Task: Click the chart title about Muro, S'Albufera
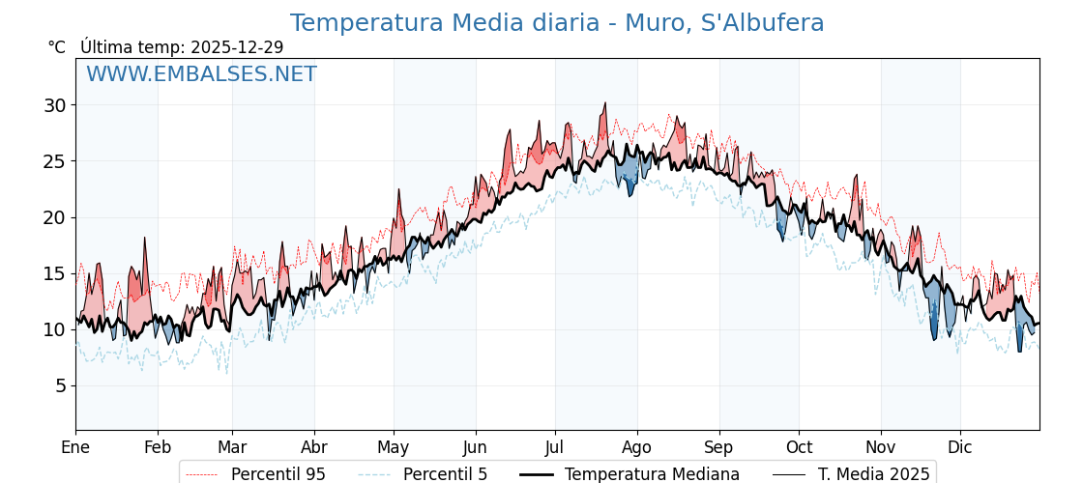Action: tap(557, 23)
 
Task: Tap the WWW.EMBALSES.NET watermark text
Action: tap(201, 74)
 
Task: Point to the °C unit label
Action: tap(57, 47)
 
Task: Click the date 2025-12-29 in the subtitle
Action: tap(237, 47)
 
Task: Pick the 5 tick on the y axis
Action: tap(60, 385)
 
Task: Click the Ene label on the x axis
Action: tap(75, 447)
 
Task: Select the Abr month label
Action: tap(314, 447)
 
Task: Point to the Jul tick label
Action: tap(555, 447)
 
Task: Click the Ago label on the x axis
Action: tap(637, 447)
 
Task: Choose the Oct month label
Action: tap(799, 447)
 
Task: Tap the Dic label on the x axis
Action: tap(960, 447)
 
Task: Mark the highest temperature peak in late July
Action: tap(605, 103)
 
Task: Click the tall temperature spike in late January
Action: tap(145, 238)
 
